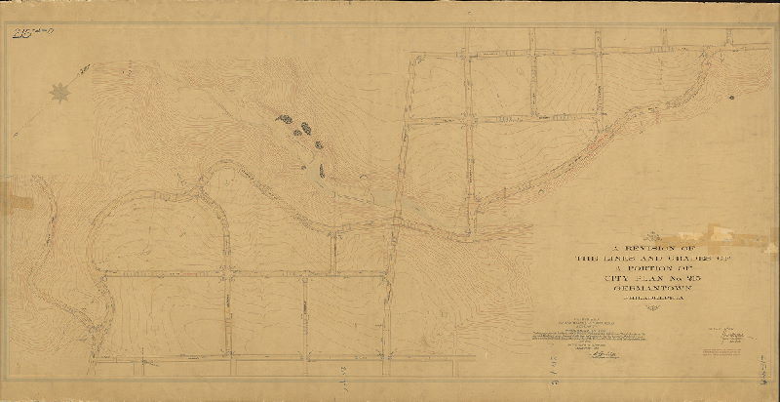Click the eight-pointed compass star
tap(59, 93)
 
